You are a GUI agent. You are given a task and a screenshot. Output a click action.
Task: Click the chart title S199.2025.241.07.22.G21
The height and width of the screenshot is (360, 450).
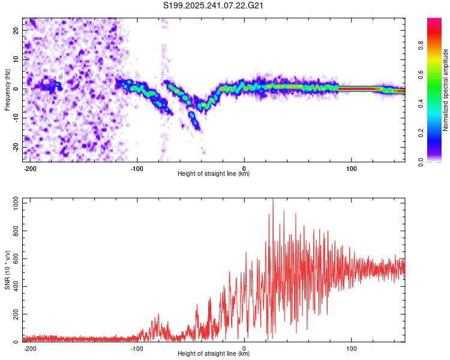214,5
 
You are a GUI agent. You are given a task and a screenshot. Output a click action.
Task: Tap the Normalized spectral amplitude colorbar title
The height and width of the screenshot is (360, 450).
446,90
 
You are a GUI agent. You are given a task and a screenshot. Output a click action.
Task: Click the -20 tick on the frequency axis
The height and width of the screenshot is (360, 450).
16,147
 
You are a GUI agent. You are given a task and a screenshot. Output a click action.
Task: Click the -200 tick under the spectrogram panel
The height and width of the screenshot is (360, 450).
30,169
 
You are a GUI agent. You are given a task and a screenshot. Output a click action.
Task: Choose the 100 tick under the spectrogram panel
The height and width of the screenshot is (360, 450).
351,169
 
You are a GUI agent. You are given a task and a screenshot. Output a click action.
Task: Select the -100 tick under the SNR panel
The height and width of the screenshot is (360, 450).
137,349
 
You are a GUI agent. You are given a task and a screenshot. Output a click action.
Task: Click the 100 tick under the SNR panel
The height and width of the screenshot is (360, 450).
351,349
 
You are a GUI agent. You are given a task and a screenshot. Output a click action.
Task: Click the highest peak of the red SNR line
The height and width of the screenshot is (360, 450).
273,200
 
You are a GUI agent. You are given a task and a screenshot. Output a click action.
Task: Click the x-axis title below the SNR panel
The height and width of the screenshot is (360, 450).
214,355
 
